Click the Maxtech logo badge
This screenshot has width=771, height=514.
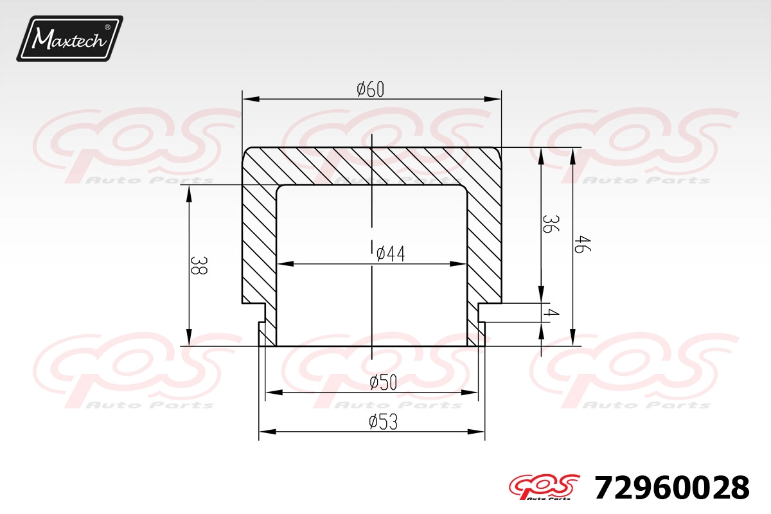pos(70,39)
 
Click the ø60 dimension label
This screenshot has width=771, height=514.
pos(370,89)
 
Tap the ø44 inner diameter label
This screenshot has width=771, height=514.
pos(391,254)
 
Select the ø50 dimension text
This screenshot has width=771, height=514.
pos(383,382)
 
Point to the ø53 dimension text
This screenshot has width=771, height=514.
pos(383,422)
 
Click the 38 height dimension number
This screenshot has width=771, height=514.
pos(199,265)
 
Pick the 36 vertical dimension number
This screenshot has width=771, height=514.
pos(551,224)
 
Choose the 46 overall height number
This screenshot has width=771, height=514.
pos(582,244)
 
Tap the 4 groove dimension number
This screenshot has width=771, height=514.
pos(551,313)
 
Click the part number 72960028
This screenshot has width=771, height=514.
pos(672,488)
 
